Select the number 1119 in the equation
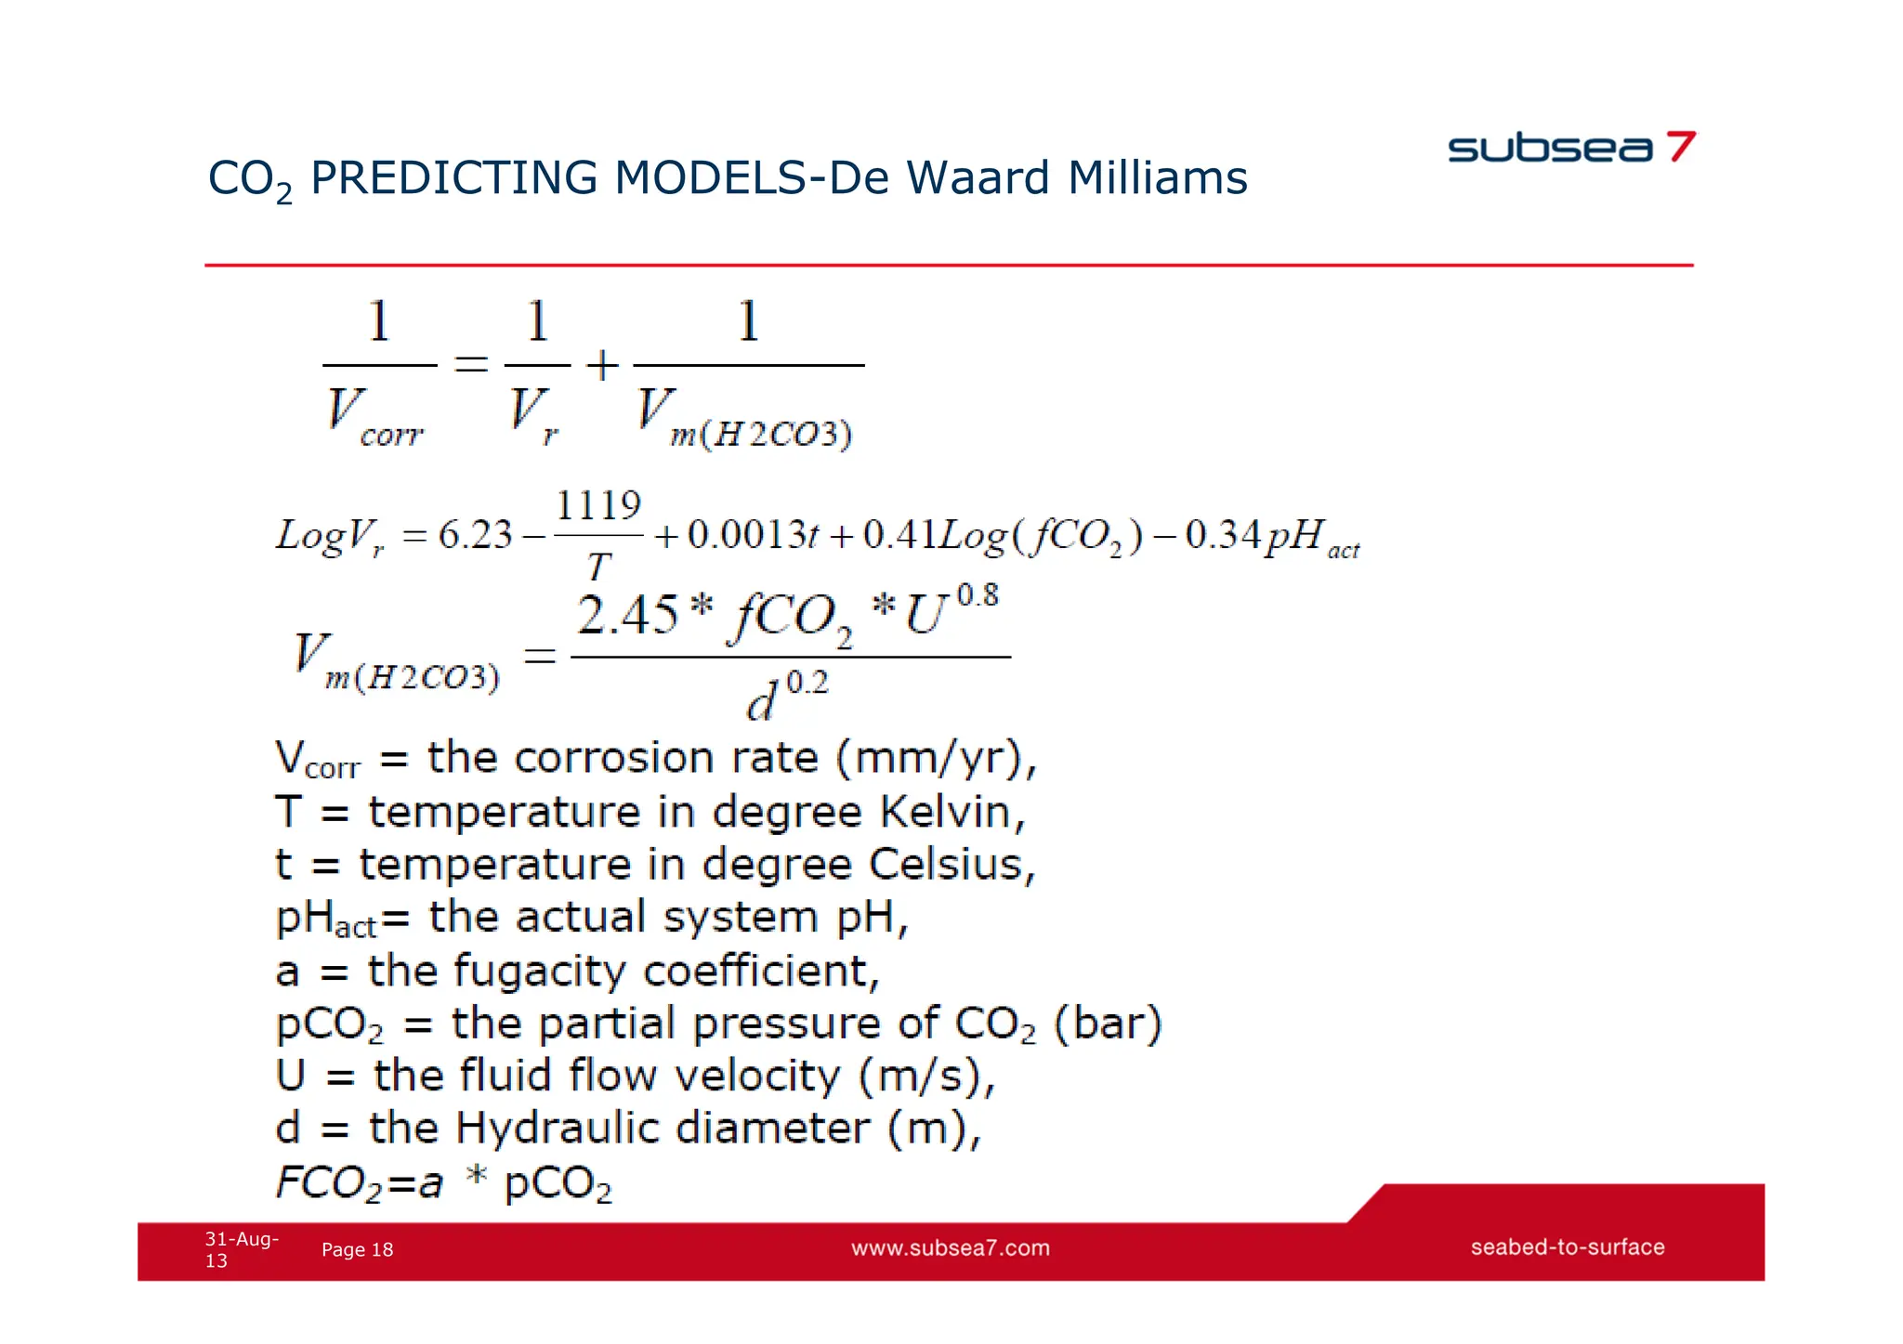coord(598,506)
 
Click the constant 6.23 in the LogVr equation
coord(475,535)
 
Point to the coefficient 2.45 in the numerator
coord(628,616)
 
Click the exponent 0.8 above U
coord(978,595)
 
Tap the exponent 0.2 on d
coord(807,684)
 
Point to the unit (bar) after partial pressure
coord(1107,1024)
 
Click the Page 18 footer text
coord(357,1250)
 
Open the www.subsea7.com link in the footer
coord(950,1248)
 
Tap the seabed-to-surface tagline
coord(1567,1247)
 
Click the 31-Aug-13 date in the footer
coord(240,1249)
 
